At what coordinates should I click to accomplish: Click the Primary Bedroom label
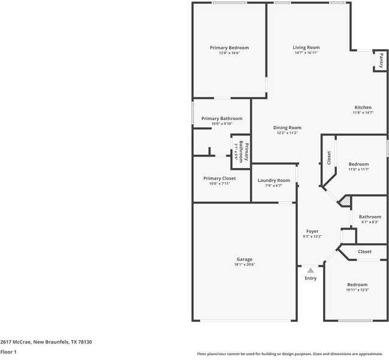coord(229,47)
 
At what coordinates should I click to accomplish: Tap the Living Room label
coord(306,47)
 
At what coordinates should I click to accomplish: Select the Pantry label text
coord(381,61)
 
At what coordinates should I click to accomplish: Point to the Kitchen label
coord(363,107)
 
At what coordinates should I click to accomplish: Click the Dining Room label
coord(287,127)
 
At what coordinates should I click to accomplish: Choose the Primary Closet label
coord(219,178)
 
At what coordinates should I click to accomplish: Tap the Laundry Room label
coord(273,180)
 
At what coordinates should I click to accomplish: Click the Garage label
coord(244,259)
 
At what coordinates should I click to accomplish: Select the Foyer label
coord(312,231)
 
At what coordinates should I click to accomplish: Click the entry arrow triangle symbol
coord(310,271)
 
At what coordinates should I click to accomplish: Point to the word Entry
coord(310,278)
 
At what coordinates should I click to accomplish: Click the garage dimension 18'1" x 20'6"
coord(244,265)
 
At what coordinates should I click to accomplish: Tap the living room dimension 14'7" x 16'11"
coord(306,53)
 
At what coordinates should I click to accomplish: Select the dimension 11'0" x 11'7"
coord(358,169)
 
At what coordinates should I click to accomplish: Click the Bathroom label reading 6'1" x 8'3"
coord(370,217)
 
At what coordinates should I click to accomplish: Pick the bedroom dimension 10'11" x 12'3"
coord(357,290)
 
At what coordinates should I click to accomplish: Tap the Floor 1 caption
coord(8,352)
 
